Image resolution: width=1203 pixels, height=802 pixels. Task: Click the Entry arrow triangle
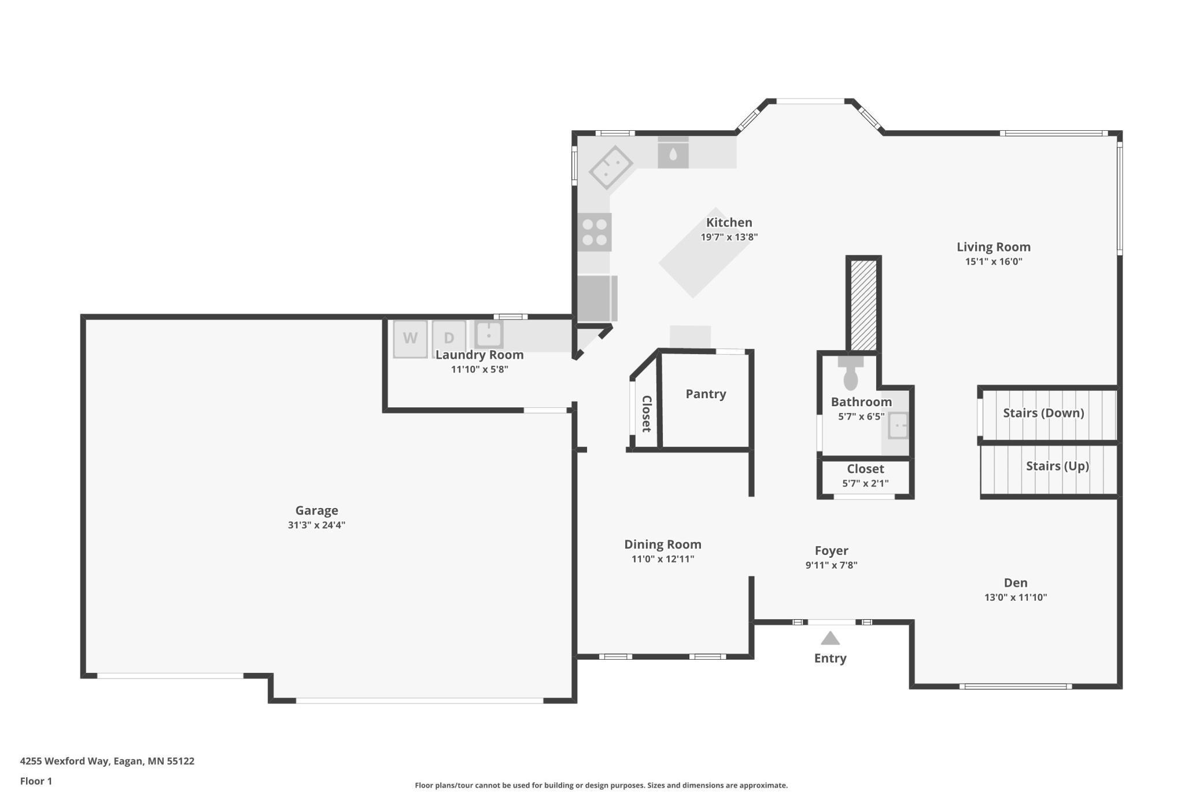click(830, 638)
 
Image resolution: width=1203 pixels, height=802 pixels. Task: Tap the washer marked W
click(410, 339)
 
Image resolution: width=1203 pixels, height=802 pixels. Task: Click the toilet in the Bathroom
click(850, 373)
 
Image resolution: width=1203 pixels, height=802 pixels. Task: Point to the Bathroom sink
click(898, 426)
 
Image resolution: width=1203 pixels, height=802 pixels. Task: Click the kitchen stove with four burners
click(595, 232)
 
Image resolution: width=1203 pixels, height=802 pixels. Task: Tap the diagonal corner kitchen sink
click(611, 167)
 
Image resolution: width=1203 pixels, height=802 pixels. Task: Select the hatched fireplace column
click(863, 305)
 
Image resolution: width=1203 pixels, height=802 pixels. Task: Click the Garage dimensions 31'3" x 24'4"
click(316, 525)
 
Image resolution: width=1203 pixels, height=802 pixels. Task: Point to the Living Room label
click(993, 247)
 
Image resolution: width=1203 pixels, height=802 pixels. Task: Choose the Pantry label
click(706, 394)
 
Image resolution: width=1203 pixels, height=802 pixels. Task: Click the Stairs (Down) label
click(1043, 413)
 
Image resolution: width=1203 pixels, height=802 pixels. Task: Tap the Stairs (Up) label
click(1057, 466)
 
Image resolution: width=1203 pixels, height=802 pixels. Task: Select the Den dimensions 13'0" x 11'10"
click(1016, 598)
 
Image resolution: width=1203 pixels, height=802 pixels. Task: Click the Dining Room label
click(663, 545)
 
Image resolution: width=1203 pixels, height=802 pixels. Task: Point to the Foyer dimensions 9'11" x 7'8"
click(831, 565)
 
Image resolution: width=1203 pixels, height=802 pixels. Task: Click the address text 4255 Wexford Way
click(64, 761)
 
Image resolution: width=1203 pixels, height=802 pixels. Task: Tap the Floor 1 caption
click(36, 781)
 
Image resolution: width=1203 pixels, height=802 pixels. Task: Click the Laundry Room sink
click(489, 334)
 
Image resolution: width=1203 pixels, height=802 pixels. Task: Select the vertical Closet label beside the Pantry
click(647, 414)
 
